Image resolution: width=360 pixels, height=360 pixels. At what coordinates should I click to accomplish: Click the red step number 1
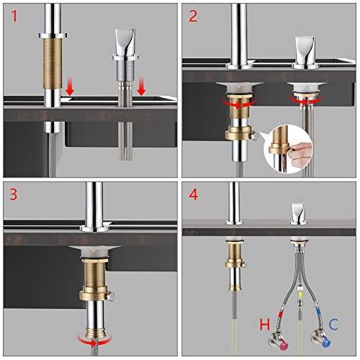[x=14, y=17]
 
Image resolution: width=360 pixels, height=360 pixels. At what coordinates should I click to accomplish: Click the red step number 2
[x=193, y=17]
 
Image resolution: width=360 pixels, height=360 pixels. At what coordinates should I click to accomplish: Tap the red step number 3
[x=14, y=194]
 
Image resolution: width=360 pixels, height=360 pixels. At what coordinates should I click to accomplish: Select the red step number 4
[x=194, y=194]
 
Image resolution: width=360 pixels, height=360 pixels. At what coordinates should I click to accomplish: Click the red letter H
[x=265, y=325]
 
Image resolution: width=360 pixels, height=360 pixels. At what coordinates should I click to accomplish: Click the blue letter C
[x=333, y=324]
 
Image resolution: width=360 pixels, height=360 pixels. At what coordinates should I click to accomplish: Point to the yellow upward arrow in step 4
[x=300, y=294]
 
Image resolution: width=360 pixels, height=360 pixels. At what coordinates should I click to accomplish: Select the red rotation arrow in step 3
[x=95, y=340]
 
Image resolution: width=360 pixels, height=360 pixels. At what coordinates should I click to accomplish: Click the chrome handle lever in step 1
[x=125, y=43]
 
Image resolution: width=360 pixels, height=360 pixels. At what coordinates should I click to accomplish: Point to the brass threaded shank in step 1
[x=53, y=63]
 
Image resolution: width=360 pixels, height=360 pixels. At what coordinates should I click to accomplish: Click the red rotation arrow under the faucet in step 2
[x=238, y=103]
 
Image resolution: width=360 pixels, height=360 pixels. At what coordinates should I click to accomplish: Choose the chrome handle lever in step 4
[x=298, y=213]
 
